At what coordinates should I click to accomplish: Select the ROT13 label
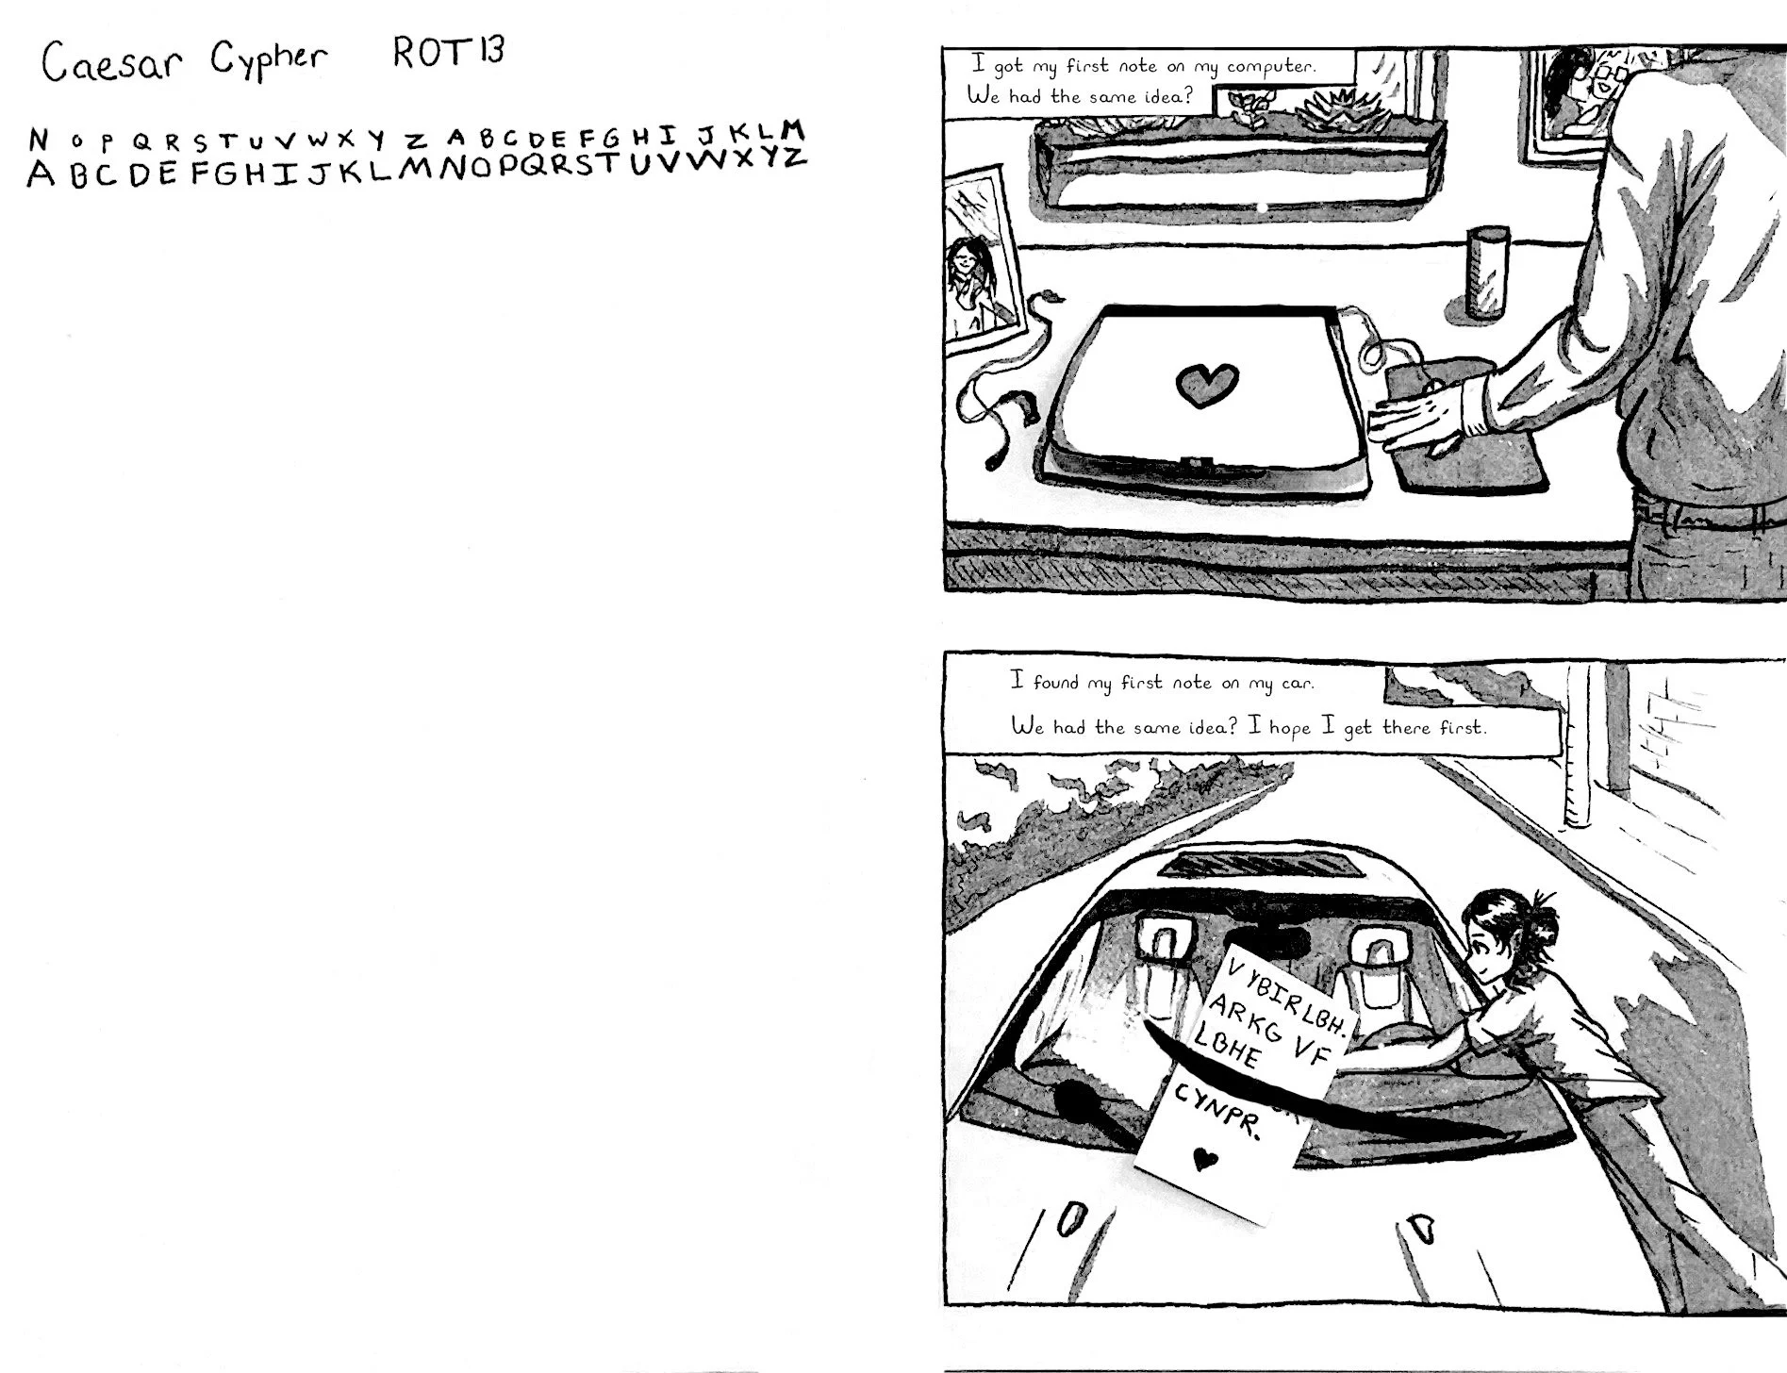(448, 52)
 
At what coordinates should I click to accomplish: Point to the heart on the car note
(1201, 1157)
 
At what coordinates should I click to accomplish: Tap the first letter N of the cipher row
(38, 140)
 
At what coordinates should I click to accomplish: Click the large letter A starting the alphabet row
(40, 174)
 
